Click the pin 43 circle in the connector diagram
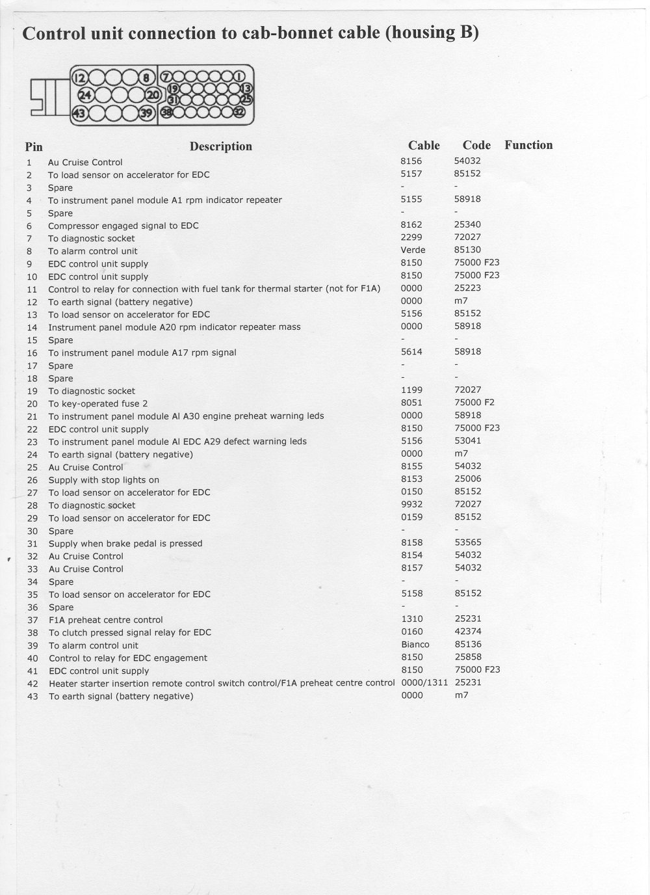click(79, 113)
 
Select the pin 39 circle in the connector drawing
click(146, 113)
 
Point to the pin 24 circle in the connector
click(84, 96)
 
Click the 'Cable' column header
click(424, 146)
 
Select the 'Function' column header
click(528, 145)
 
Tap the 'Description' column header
click(220, 146)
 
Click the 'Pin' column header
click(34, 147)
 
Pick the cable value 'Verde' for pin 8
click(413, 250)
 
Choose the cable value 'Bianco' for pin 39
click(415, 645)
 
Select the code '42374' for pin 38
click(468, 632)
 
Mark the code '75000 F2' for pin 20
click(474, 403)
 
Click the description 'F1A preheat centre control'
click(105, 620)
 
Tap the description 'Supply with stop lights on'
click(104, 480)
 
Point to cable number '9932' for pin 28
click(412, 505)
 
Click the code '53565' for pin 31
click(468, 542)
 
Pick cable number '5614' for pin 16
click(412, 352)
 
